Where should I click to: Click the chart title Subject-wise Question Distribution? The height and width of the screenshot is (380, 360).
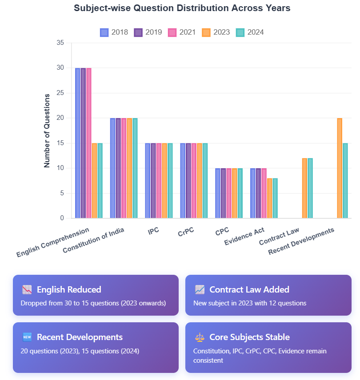coord(182,8)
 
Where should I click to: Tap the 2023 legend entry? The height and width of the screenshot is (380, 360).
coord(216,32)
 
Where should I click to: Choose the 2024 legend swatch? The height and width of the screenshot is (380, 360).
coord(240,32)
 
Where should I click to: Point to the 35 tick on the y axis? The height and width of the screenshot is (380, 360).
coord(60,43)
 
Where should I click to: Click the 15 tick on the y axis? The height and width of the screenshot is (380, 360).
coord(60,143)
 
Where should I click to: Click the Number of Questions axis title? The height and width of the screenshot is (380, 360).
coord(47,131)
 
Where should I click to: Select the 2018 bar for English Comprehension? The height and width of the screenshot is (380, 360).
coord(78,143)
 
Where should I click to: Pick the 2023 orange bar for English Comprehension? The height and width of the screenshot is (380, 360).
coord(94,181)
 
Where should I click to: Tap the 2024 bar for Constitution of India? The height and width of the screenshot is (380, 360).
coord(135,168)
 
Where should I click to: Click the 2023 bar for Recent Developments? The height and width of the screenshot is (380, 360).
coord(340,168)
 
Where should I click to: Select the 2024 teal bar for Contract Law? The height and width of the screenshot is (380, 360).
coord(310,188)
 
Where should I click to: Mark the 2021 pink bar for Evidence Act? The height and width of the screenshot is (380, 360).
coord(264,193)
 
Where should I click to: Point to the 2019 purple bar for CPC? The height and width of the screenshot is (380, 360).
coord(224,193)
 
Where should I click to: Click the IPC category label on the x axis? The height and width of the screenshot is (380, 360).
coord(153,231)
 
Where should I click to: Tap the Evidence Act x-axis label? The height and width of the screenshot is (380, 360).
coord(244,236)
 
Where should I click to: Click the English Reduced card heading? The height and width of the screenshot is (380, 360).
coord(69,289)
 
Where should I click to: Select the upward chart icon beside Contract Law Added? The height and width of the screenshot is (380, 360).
coord(200,289)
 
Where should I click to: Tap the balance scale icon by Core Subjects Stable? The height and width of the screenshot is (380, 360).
coord(200,337)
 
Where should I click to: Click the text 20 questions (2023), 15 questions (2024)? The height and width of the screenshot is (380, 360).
coord(80,351)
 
